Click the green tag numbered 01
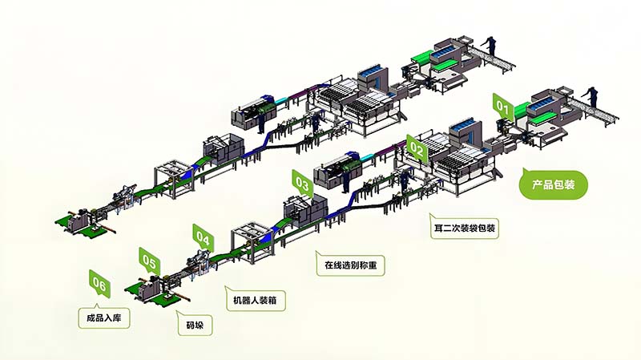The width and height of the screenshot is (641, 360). pyautogui.click(x=502, y=104)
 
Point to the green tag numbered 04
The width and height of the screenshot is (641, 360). pyautogui.click(x=203, y=237)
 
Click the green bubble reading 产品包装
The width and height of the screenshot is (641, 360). pyautogui.click(x=554, y=184)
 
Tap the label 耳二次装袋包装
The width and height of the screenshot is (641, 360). pyautogui.click(x=464, y=228)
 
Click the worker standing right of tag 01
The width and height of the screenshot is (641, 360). pyautogui.click(x=593, y=95)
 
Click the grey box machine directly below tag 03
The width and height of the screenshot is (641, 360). pyautogui.click(x=302, y=210)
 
